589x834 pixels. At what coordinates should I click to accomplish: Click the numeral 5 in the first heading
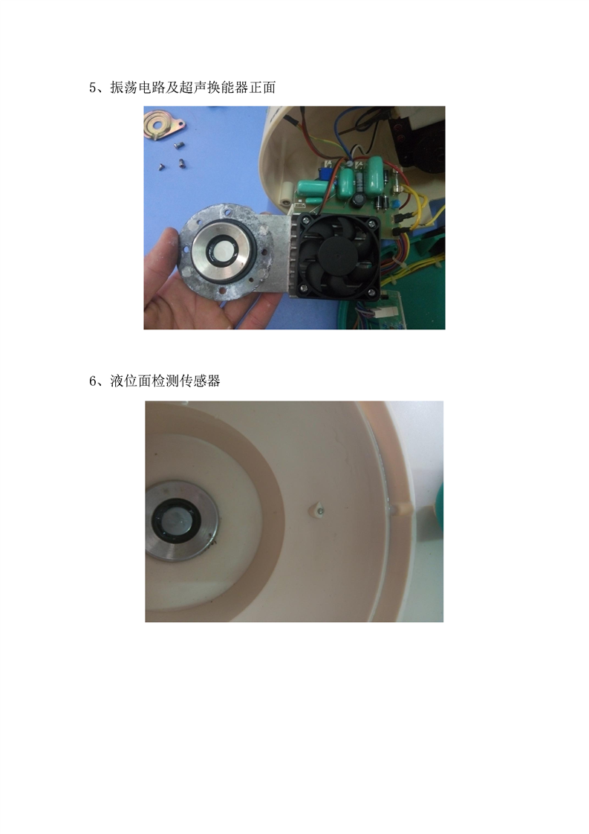coord(93,88)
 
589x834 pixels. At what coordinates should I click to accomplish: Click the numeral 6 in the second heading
coord(93,381)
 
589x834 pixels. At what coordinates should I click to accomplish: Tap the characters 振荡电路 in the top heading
coord(137,88)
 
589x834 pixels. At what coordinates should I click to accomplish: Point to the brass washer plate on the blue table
coord(164,125)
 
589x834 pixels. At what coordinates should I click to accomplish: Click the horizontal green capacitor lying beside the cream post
coord(315,186)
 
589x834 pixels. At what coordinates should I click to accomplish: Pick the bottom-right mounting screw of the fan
coord(373,293)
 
